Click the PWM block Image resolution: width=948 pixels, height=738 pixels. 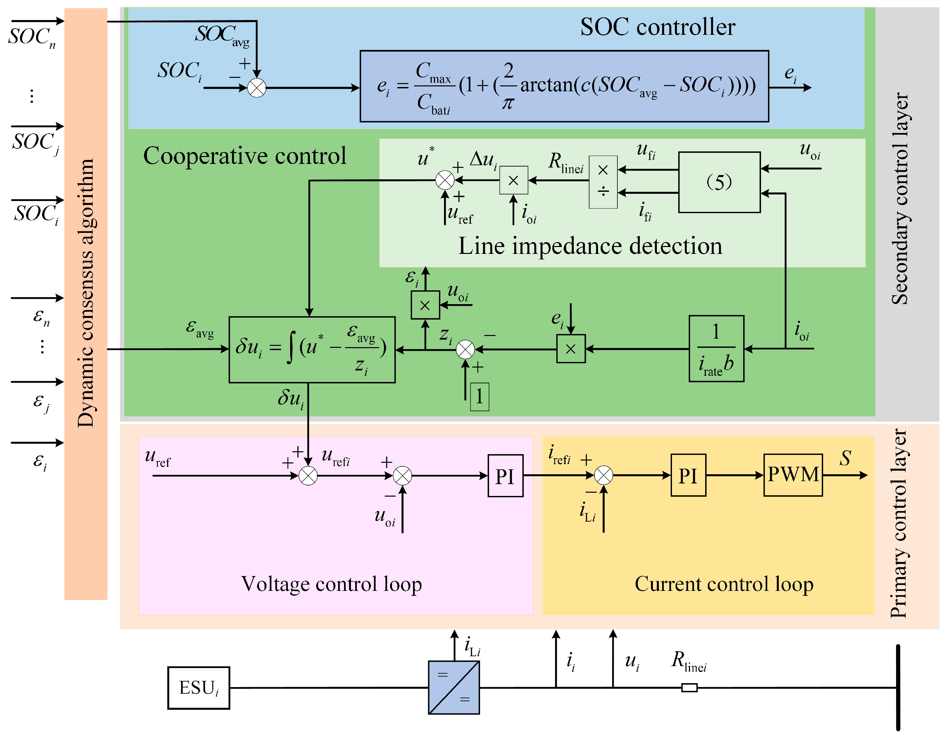point(793,475)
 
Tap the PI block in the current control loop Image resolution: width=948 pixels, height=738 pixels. point(688,475)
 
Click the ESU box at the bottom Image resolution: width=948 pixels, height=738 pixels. point(198,688)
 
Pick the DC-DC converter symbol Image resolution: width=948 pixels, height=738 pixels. point(453,688)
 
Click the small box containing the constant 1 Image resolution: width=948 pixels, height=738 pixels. point(479,396)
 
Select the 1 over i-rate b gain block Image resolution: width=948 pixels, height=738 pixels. point(716,348)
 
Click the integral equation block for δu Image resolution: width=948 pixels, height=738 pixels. point(312,349)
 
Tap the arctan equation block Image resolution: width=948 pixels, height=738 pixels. point(564,86)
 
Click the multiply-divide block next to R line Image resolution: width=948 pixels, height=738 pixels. point(603,182)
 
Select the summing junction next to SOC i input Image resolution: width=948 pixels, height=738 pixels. point(257,88)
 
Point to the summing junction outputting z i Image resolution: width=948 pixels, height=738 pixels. point(465,349)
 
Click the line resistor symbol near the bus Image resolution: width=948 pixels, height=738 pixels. point(689,688)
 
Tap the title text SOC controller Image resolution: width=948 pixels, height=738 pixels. point(657,27)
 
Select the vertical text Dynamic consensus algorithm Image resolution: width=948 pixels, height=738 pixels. point(85,293)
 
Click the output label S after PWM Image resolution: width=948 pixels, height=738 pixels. point(845,458)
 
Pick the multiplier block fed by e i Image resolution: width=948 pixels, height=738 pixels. point(570,348)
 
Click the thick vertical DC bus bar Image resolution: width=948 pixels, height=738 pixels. point(898,688)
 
